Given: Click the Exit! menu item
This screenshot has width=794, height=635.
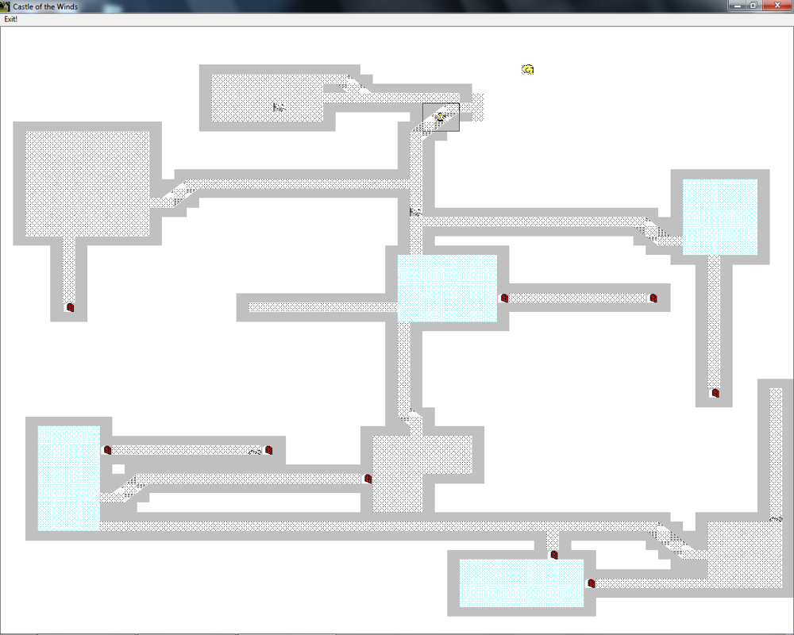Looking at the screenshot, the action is click(10, 19).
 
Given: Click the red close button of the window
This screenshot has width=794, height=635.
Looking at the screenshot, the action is click(777, 6).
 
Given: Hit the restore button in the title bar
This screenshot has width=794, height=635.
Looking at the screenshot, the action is click(753, 6).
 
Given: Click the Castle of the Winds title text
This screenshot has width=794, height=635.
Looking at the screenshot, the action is click(45, 6).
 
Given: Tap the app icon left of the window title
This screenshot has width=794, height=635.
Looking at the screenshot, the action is click(6, 6).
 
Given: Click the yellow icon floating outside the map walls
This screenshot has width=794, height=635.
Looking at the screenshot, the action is click(528, 69).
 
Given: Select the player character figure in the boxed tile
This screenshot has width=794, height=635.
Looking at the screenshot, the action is click(440, 117).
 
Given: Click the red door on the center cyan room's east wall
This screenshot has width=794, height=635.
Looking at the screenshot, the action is click(504, 298).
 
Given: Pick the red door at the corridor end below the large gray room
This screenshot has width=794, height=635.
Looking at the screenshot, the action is click(71, 307).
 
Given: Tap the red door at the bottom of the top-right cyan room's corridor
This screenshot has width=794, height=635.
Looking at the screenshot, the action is click(715, 392).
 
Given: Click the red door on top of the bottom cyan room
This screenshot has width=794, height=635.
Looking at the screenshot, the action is click(554, 555).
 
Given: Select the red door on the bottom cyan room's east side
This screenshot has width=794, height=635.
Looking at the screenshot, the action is click(591, 583).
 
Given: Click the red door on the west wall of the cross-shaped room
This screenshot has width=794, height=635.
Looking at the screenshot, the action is click(368, 479).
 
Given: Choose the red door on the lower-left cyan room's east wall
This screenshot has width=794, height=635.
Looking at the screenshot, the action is click(107, 450).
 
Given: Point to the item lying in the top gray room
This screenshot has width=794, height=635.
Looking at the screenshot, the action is click(279, 107).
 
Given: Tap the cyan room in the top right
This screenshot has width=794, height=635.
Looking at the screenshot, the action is click(720, 217).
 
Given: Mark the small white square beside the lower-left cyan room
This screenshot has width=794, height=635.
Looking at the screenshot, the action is click(118, 469).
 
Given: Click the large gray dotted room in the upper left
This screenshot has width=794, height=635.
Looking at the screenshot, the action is click(87, 183).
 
